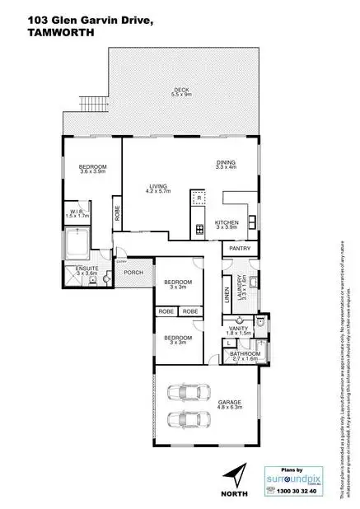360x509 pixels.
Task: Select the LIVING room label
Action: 159,187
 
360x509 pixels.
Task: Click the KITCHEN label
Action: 227,224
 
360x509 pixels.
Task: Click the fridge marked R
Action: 199,198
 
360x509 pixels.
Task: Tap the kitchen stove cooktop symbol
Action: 199,228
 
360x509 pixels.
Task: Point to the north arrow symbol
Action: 236,475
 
